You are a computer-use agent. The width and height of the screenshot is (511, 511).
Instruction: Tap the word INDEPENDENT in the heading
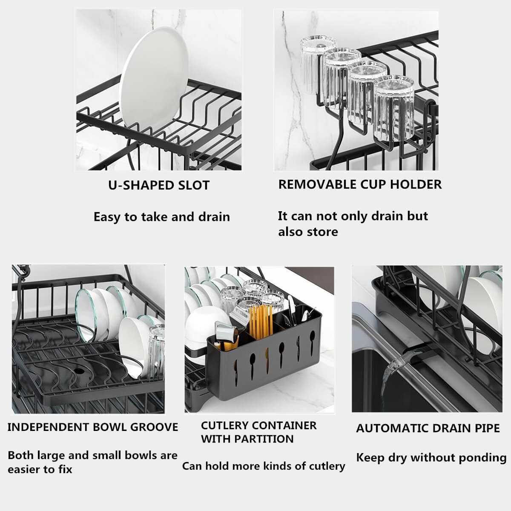49,427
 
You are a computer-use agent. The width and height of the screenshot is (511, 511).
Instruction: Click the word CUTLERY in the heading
223,425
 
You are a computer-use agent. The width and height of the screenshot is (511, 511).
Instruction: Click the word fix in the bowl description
65,469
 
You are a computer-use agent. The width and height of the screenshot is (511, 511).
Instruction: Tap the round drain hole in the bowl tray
79,371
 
